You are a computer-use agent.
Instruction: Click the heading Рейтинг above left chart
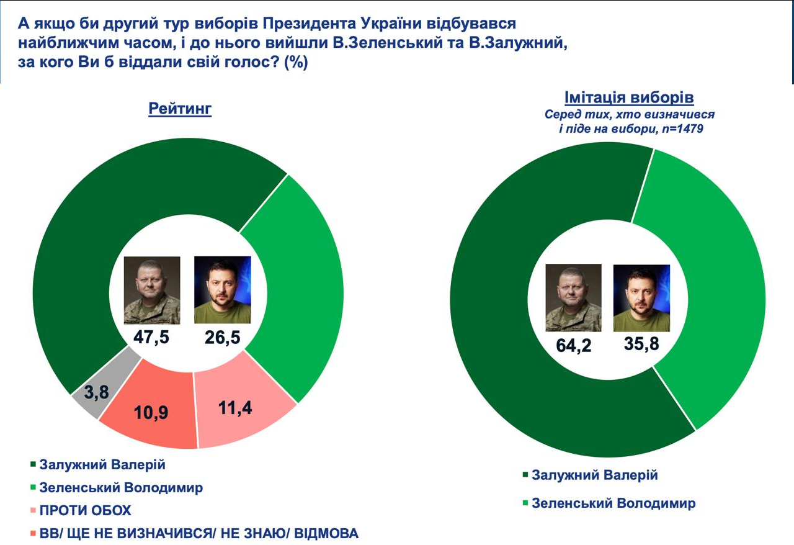coord(180,109)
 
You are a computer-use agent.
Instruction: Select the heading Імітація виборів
coord(629,98)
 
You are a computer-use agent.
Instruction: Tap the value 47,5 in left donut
coord(151,338)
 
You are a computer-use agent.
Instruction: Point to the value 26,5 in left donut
coord(222,338)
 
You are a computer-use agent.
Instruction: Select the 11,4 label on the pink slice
coord(239,407)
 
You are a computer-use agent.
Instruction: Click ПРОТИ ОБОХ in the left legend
coord(86,511)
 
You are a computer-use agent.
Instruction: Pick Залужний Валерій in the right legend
coord(595,475)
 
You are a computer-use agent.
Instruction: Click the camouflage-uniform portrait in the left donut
coord(152,290)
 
